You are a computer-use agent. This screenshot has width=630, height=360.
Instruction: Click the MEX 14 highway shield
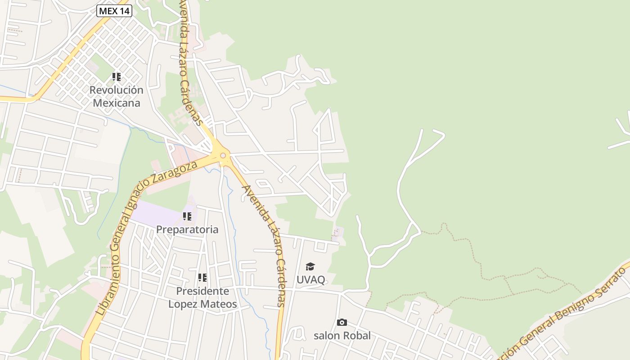(114, 11)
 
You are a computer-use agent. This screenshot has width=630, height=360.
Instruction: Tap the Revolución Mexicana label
(116, 96)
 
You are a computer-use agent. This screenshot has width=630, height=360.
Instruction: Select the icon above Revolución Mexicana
(117, 77)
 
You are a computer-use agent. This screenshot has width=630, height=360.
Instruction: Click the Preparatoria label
(187, 229)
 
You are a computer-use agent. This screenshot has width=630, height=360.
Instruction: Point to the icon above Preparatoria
(187, 216)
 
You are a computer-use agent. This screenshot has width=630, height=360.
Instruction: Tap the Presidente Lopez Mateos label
(202, 297)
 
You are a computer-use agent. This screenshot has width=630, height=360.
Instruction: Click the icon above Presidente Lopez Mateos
(202, 278)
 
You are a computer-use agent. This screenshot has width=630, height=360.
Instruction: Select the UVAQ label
(310, 279)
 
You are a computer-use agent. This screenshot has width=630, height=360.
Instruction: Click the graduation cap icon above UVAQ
(310, 267)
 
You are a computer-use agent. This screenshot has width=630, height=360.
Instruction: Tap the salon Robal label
(342, 335)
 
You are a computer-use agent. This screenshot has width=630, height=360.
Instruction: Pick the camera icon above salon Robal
(342, 322)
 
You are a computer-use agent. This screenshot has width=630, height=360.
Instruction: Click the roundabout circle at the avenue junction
(223, 156)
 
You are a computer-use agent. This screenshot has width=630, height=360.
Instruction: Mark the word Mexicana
(117, 103)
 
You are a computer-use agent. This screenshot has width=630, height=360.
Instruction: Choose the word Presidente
(202, 291)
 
